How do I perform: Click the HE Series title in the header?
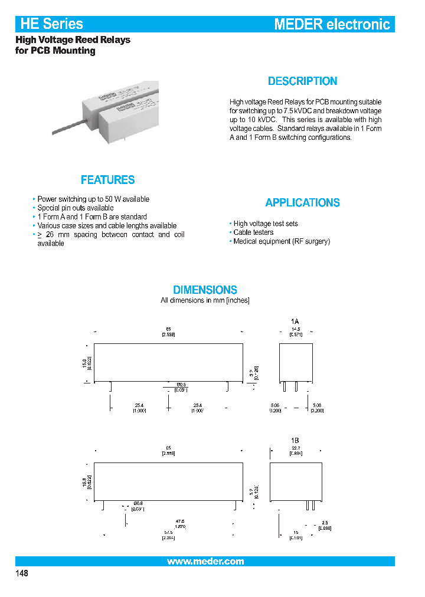52,24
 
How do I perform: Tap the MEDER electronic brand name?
332,24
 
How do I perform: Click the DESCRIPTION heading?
302,81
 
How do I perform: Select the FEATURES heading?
107,180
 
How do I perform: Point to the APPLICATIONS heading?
302,203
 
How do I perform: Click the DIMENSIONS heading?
205,290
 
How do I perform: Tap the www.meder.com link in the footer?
205,562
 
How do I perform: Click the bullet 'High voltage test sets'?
266,224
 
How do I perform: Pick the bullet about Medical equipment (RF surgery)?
282,241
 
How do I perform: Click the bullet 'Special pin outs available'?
75,208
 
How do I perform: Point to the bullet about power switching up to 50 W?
93,199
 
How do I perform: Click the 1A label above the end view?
295,322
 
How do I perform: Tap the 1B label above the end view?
295,441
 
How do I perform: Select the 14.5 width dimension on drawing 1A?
295,329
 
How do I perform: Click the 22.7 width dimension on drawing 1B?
295,448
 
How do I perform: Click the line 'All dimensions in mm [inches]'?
205,301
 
